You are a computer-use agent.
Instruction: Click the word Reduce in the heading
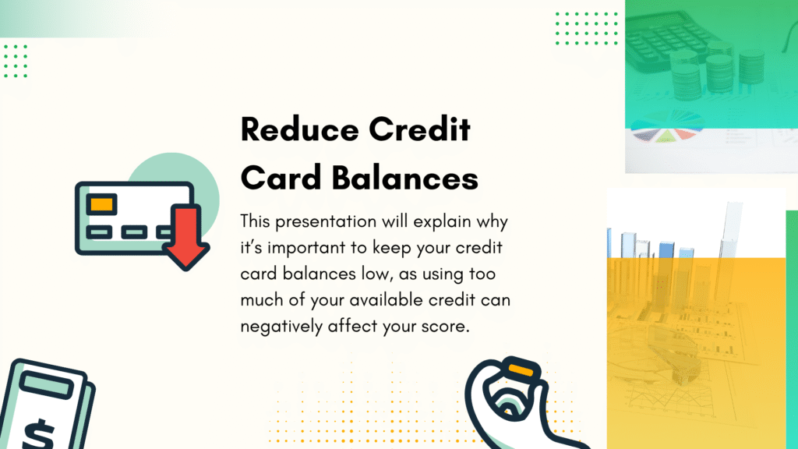(x=300, y=129)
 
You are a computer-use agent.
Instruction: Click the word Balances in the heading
(x=405, y=179)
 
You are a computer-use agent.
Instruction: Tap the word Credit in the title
(x=419, y=129)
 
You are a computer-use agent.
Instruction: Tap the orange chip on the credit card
(x=101, y=205)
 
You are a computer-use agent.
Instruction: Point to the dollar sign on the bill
(x=39, y=433)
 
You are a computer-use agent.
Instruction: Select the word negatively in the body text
(x=281, y=327)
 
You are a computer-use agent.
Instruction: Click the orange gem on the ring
(x=520, y=369)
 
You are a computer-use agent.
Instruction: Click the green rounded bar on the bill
(x=47, y=385)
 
